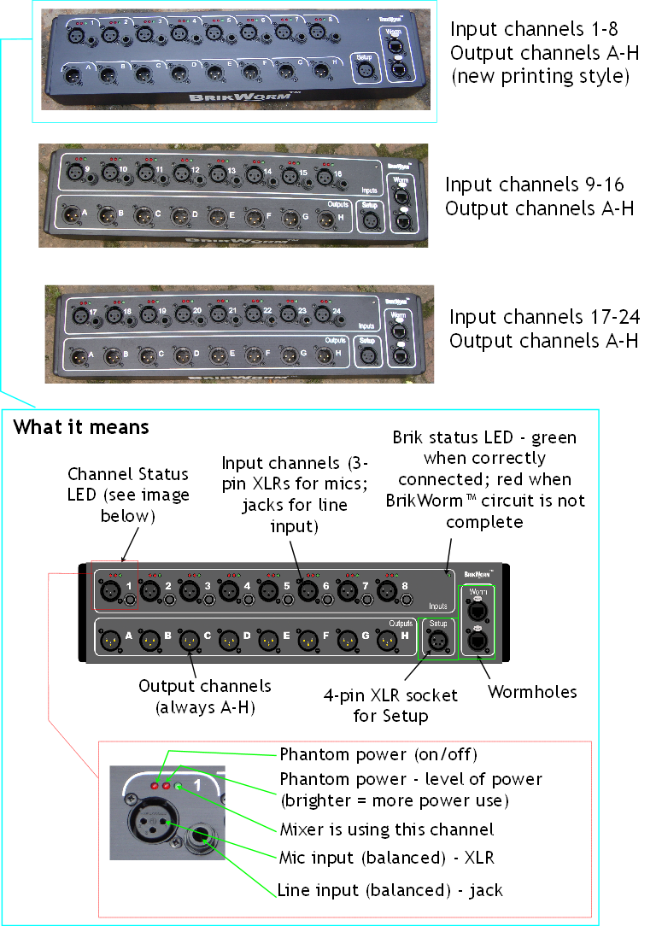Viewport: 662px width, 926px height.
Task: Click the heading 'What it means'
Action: coord(81,426)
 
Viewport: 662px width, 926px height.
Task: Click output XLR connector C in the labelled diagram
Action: coord(188,637)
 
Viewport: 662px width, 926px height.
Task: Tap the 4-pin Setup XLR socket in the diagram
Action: coord(437,639)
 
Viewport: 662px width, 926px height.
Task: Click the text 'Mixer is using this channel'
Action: coord(386,829)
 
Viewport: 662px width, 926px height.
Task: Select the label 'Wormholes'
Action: coord(532,691)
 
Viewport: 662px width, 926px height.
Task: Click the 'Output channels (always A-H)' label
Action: coord(205,695)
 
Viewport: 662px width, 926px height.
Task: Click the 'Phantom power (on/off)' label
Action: coord(378,755)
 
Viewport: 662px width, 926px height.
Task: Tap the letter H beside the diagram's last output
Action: coord(404,636)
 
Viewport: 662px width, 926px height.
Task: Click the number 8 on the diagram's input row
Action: coord(404,587)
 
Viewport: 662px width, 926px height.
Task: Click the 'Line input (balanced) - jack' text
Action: coord(390,890)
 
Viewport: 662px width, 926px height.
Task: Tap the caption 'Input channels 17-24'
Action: coord(544,318)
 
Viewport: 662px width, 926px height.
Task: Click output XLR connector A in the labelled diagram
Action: coord(109,637)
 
